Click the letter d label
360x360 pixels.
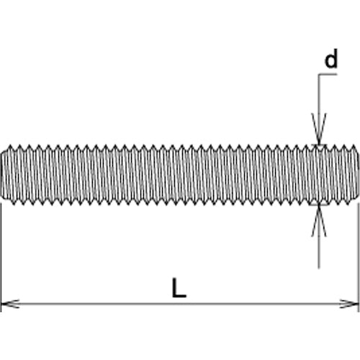point(330,60)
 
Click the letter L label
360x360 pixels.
point(179,289)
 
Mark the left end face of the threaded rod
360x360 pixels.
point(2,175)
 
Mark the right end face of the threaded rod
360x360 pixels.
point(358,175)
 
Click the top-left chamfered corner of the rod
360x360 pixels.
point(4,149)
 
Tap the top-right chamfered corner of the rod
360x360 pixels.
point(356,149)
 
